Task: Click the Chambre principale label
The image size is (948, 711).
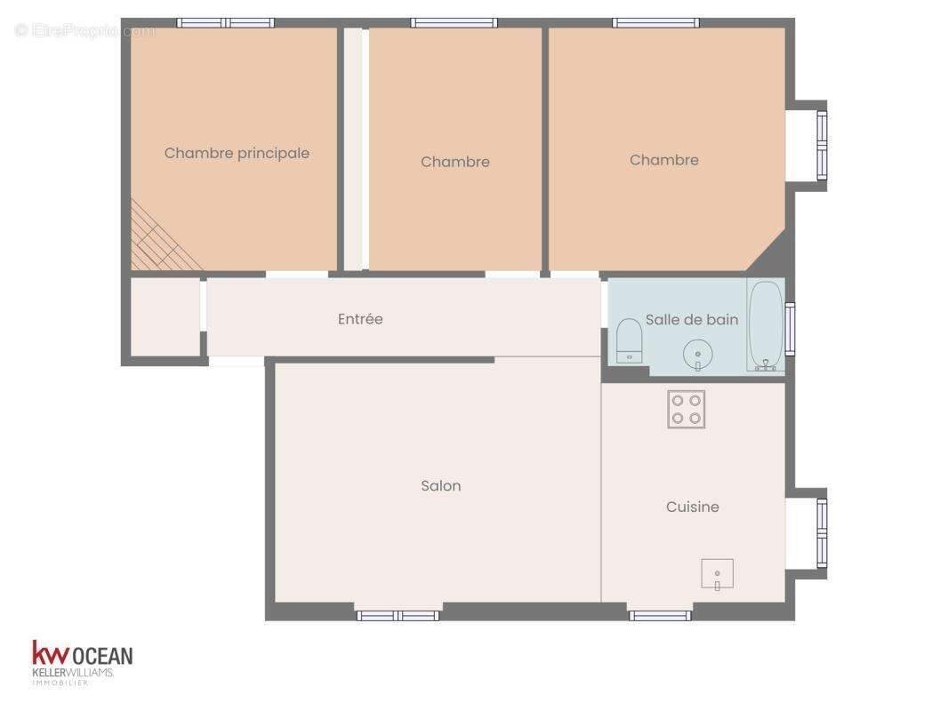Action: coord(237,153)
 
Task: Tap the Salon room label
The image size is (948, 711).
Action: coord(441,486)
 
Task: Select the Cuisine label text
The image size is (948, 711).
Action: coord(693,507)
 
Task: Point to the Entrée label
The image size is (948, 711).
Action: coord(360,319)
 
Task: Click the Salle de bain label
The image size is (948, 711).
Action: coord(692,320)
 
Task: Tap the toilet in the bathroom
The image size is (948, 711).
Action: coord(630,340)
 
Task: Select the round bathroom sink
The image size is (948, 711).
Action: coord(698,355)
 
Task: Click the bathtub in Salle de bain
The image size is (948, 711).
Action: coord(765,326)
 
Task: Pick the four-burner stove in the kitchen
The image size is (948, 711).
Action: coord(687,409)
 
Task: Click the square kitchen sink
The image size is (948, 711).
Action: coord(717,575)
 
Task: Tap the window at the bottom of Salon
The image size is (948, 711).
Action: coord(398,615)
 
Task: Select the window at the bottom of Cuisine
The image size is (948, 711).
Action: coord(660,615)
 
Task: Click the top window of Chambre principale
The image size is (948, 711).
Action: coord(225,23)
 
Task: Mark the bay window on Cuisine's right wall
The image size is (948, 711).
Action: coord(821,532)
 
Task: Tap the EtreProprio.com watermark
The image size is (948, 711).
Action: coord(85,31)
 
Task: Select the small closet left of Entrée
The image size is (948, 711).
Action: coord(165,317)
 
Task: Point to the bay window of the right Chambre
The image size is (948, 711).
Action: coord(821,145)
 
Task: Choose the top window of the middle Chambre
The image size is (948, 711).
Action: coord(454,23)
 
